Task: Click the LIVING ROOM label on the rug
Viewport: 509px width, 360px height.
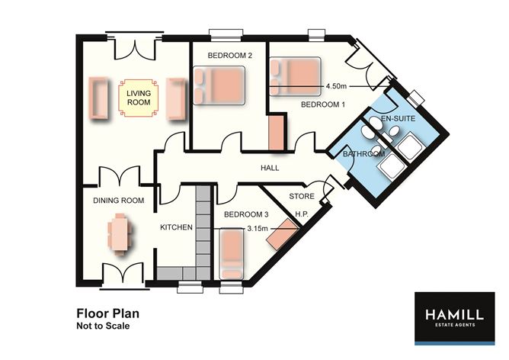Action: [139, 98]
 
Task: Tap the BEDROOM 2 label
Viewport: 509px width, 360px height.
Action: [230, 56]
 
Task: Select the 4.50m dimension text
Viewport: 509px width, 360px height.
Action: [336, 86]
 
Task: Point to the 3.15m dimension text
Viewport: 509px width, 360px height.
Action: [258, 228]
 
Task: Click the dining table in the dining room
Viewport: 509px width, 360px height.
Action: [120, 234]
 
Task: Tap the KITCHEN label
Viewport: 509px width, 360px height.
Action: [176, 227]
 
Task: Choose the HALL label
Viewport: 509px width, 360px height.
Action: [270, 168]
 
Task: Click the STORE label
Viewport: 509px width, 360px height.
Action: [302, 196]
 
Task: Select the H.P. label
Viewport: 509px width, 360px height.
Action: [301, 214]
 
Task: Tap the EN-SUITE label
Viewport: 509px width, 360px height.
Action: [398, 118]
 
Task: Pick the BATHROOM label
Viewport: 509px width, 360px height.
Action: [364, 153]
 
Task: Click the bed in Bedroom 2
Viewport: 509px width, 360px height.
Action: [219, 85]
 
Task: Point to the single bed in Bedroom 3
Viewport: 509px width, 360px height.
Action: [232, 254]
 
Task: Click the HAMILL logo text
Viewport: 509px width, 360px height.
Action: [454, 314]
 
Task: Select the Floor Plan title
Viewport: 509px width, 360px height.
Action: [107, 313]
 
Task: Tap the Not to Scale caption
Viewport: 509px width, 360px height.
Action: [103, 326]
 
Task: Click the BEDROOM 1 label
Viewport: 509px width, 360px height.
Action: [322, 104]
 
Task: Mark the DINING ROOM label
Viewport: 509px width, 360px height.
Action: [118, 201]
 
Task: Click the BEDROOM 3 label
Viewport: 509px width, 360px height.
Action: [246, 214]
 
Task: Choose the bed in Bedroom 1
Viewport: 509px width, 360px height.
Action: [295, 77]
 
